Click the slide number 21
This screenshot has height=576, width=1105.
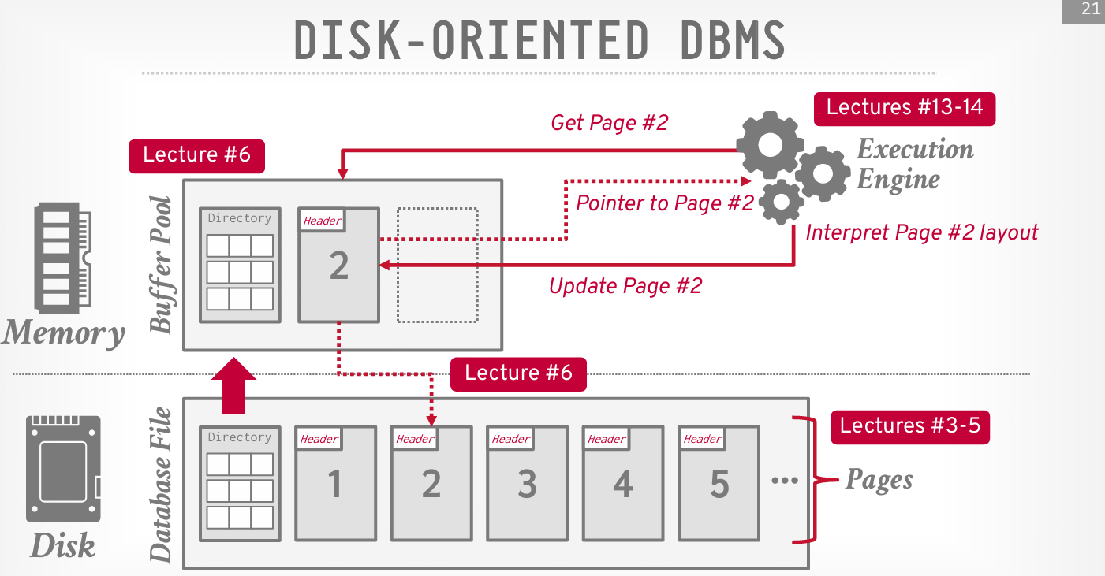click(x=1091, y=10)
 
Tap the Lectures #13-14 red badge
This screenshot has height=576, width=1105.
click(x=905, y=108)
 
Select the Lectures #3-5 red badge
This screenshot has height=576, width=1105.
click(x=909, y=426)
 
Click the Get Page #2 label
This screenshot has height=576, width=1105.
click(x=609, y=123)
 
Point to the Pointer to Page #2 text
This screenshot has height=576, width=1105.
click(x=665, y=203)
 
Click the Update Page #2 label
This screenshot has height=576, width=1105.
click(x=625, y=286)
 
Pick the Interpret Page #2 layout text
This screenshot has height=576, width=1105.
click(x=921, y=232)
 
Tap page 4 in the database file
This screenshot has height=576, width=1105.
click(x=623, y=484)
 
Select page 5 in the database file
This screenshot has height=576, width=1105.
click(x=719, y=484)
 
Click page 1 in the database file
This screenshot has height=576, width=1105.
click(x=335, y=484)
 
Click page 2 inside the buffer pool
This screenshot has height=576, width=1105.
click(x=339, y=266)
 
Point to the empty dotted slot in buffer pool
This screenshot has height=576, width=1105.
click(x=438, y=265)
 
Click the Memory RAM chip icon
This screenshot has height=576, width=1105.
click(x=62, y=256)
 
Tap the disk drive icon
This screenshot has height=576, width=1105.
click(x=64, y=468)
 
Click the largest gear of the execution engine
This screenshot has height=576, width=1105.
click(x=769, y=144)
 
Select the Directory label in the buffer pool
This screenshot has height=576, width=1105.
click(x=240, y=218)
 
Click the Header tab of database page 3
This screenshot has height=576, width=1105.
click(x=511, y=439)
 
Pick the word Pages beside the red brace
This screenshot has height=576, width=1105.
click(x=879, y=479)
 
